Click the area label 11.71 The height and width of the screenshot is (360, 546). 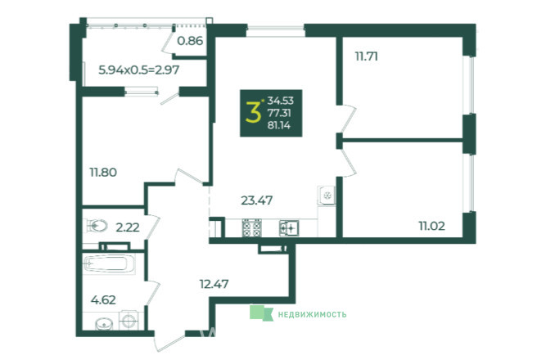click(367, 56)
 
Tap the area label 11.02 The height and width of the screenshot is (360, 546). click(431, 226)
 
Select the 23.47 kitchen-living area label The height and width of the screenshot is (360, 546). click(257, 200)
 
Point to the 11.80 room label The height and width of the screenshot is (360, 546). click(103, 172)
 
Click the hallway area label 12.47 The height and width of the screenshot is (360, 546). click(214, 284)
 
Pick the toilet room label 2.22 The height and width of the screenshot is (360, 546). click(128, 227)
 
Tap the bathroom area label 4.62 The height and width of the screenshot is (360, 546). click(103, 299)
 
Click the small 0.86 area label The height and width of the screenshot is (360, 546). click(190, 41)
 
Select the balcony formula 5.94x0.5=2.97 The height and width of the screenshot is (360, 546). click(139, 70)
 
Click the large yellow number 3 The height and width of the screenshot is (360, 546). click(253, 112)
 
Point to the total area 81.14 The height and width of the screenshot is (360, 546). click(279, 125)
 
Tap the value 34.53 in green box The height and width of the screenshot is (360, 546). click(280, 101)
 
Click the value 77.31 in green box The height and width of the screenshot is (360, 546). click(279, 113)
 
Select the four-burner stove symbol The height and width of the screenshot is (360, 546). click(252, 227)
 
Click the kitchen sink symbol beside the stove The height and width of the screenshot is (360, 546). click(289, 228)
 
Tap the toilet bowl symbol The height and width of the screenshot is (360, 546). click(96, 226)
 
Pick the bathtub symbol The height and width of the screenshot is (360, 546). click(110, 264)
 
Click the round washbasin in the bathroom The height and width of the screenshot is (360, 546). click(104, 324)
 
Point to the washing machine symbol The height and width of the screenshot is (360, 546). click(129, 320)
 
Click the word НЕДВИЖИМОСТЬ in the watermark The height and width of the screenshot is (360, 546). click(312, 314)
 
